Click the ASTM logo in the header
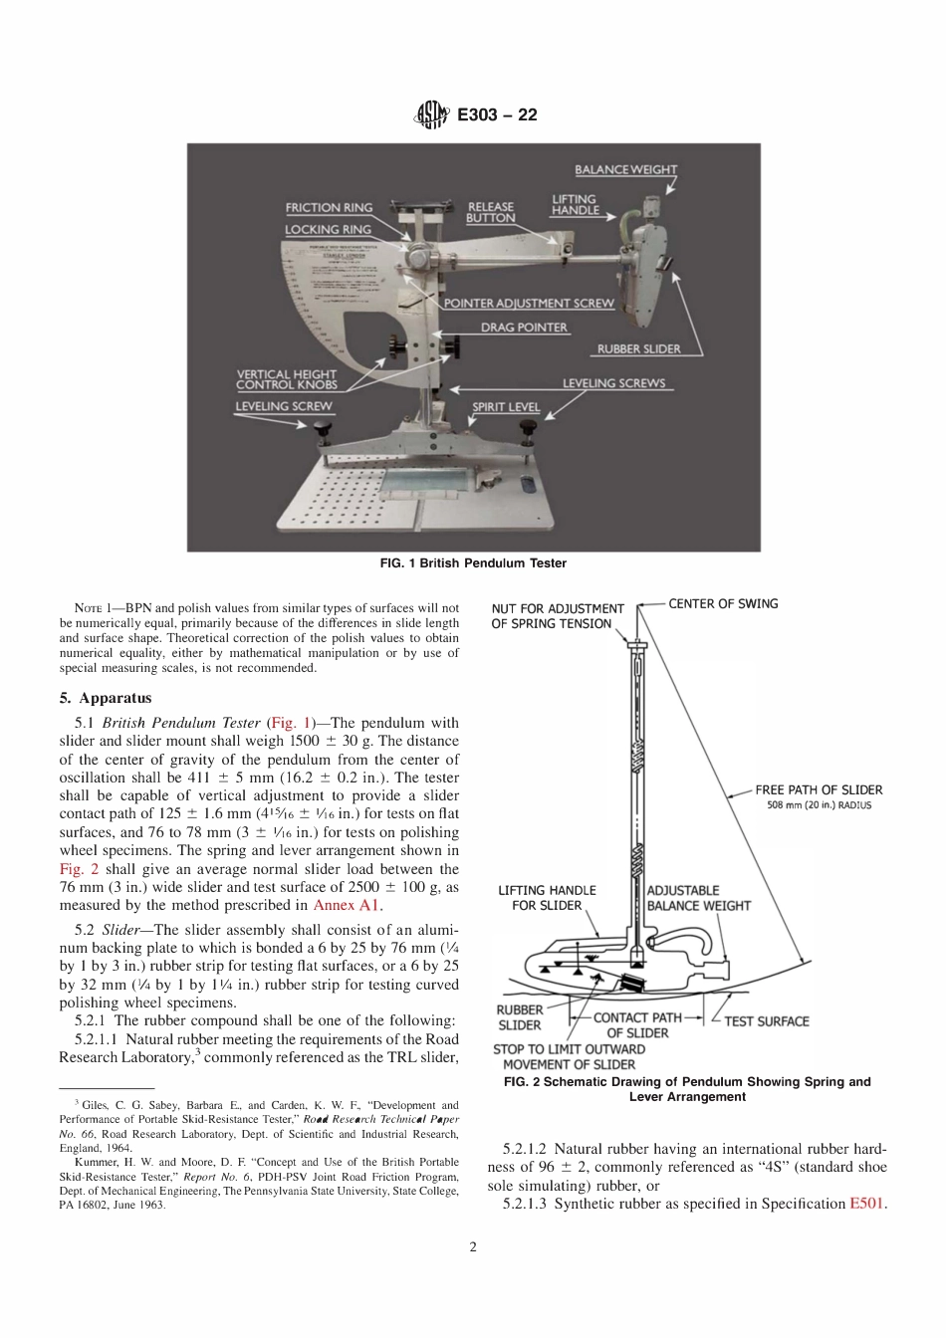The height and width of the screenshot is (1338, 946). [432, 114]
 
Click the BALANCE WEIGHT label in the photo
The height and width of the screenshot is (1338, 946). [624, 169]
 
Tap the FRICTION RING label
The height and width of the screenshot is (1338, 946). [329, 208]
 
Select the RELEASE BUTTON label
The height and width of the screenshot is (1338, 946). [491, 212]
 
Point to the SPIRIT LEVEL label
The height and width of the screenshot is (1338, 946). [506, 407]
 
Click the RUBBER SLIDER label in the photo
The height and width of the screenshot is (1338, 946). [638, 349]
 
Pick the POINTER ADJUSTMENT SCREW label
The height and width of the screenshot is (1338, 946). [529, 303]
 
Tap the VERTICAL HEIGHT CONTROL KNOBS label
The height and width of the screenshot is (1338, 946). [286, 379]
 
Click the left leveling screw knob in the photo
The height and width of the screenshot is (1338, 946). [322, 432]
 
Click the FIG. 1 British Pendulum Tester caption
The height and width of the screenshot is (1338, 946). [473, 563]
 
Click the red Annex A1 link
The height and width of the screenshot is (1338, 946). [346, 906]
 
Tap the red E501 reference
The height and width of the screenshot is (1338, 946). [866, 1204]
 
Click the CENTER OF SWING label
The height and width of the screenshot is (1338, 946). [723, 603]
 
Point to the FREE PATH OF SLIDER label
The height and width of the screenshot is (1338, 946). [819, 790]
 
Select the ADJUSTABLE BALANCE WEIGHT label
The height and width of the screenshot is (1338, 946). [698, 898]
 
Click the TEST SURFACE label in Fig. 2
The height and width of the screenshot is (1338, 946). [766, 1021]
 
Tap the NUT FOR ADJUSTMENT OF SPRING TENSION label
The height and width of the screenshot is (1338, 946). [557, 616]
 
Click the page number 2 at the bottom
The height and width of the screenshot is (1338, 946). [473, 1246]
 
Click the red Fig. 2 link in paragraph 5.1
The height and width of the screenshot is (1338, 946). [79, 869]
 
